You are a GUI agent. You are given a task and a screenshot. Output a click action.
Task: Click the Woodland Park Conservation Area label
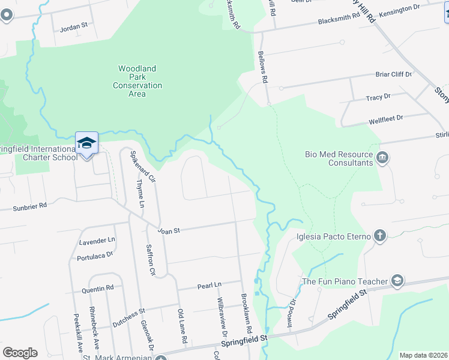pos(137,77)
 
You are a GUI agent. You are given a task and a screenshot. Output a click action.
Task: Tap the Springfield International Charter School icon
pos(86,143)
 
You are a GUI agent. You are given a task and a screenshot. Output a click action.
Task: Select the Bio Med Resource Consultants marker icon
pos(382,158)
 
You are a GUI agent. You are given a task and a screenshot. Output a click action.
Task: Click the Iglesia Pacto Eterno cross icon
pos(379,235)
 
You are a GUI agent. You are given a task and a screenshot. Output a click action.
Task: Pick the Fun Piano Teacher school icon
pos(396,281)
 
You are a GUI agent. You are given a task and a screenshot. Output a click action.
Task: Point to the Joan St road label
pos(169,230)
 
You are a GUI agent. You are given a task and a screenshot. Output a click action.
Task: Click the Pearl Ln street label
pos(209,286)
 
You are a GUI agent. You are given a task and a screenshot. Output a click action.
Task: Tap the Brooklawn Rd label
pos(246,314)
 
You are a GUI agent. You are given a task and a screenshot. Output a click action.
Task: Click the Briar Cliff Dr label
pos(394,74)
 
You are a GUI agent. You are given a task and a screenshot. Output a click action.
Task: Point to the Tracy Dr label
pos(378,97)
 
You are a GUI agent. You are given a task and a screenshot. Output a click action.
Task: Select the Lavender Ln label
pos(97,241)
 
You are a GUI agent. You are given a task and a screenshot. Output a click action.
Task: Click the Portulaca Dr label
pos(95,256)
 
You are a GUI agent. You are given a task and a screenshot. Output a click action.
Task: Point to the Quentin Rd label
pos(97,288)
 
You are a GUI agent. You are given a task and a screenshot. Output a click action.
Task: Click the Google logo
pos(20,352)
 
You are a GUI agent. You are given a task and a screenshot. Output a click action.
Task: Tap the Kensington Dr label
pos(400,8)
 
